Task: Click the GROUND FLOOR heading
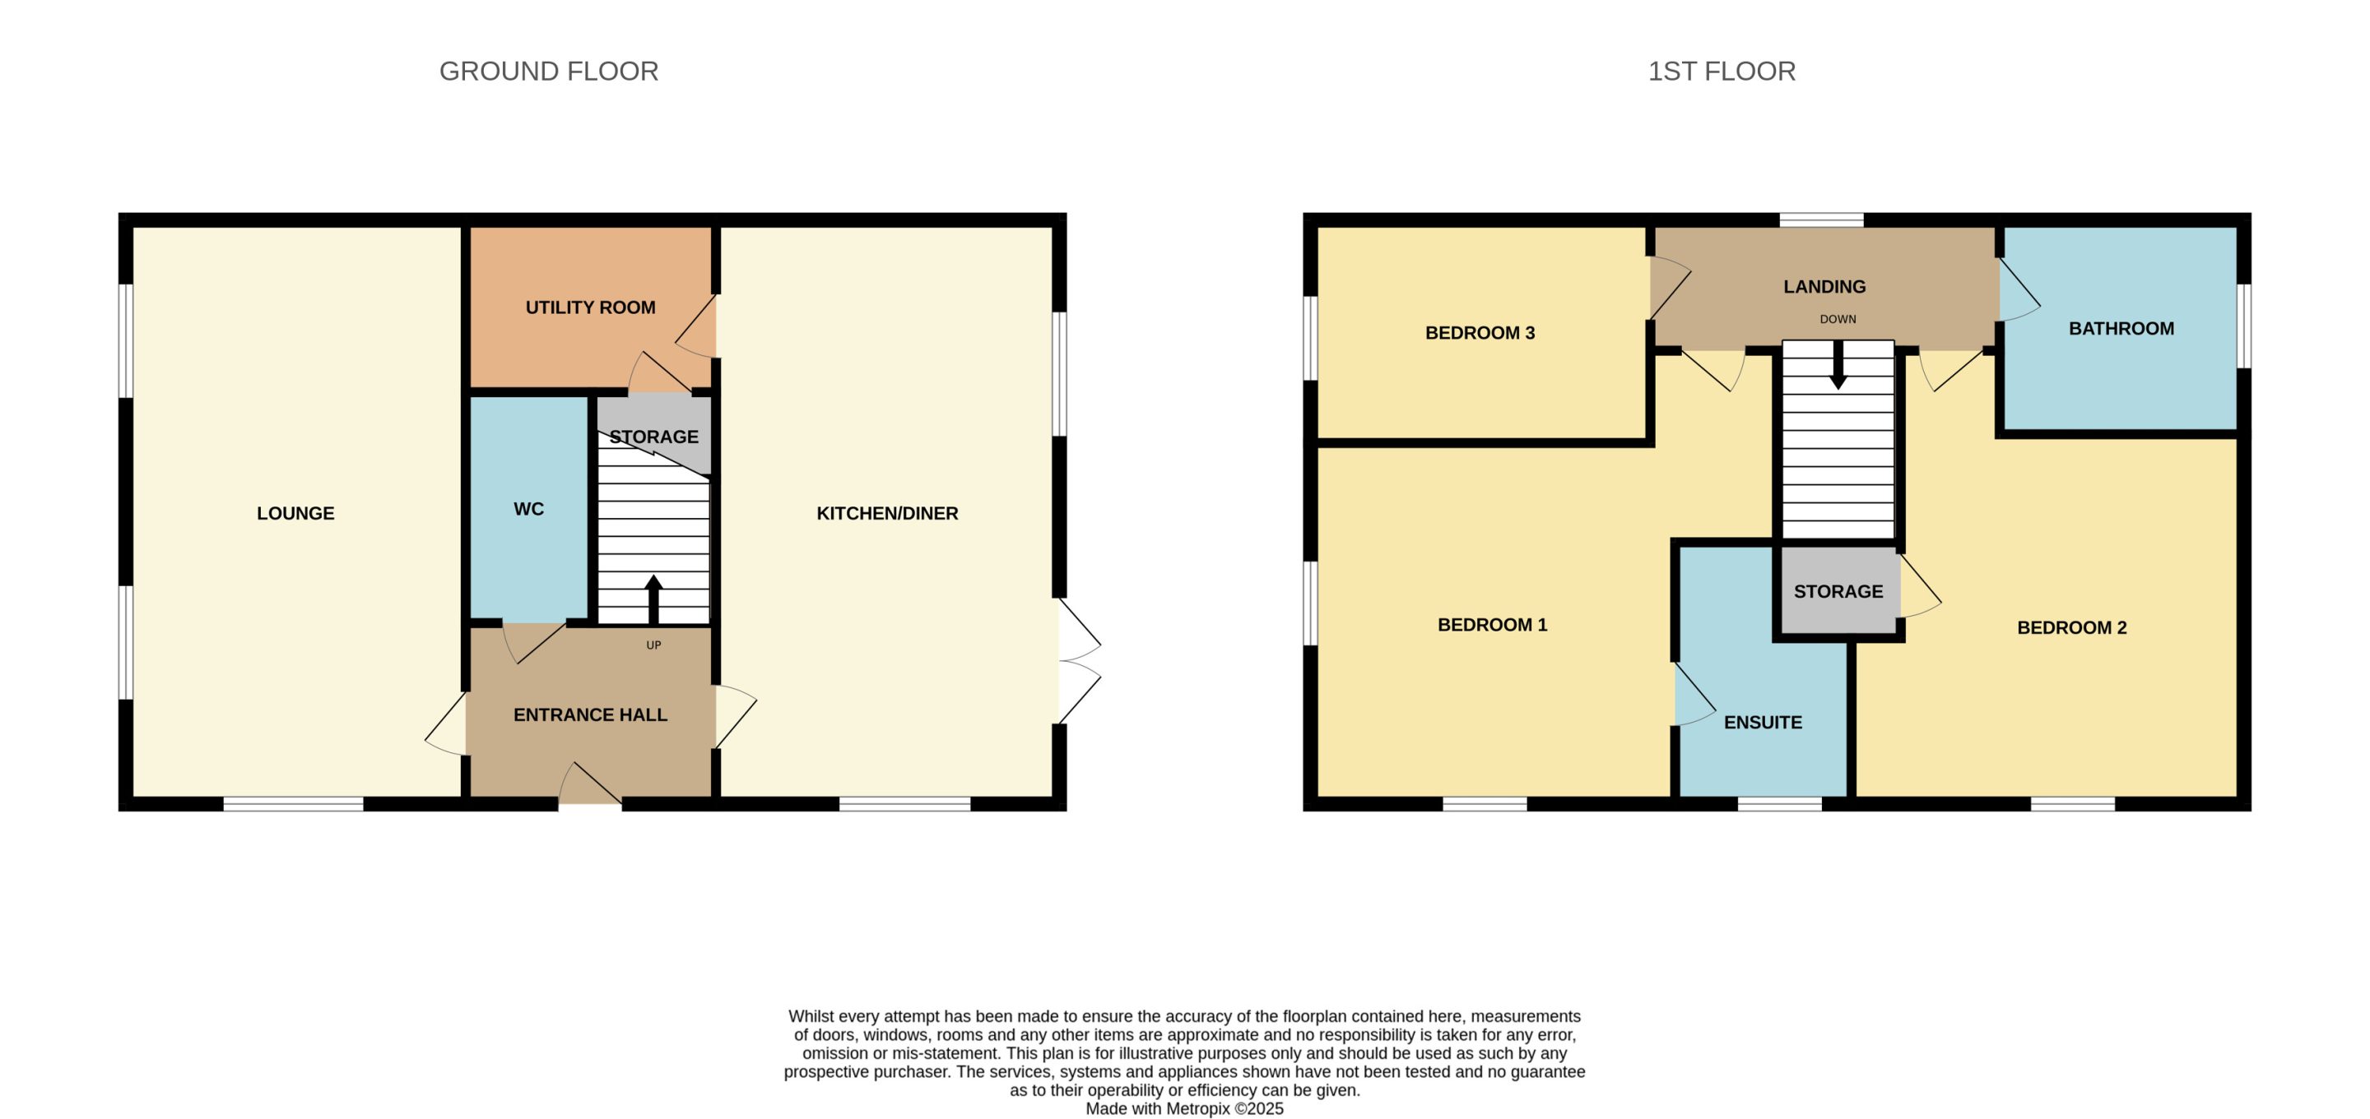coord(548,72)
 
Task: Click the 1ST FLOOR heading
coord(1722,72)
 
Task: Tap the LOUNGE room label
coord(295,514)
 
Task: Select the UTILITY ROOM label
coord(591,308)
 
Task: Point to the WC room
coord(529,508)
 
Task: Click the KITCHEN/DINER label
coord(888,514)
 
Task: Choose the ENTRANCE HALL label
coord(591,714)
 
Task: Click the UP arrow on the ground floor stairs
coord(653,599)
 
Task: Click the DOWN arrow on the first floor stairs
coord(1838,365)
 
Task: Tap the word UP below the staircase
coord(653,645)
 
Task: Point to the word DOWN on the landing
coord(1838,320)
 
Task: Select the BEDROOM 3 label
coord(1480,333)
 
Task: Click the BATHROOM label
coord(2121,329)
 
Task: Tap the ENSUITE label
coord(1763,723)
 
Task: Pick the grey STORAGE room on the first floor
coord(1839,590)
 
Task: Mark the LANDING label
coord(1824,287)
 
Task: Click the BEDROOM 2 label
coord(2072,628)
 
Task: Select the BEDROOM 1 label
coord(1492,625)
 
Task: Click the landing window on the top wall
coord(1822,220)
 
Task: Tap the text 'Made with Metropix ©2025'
coord(1184,1109)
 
